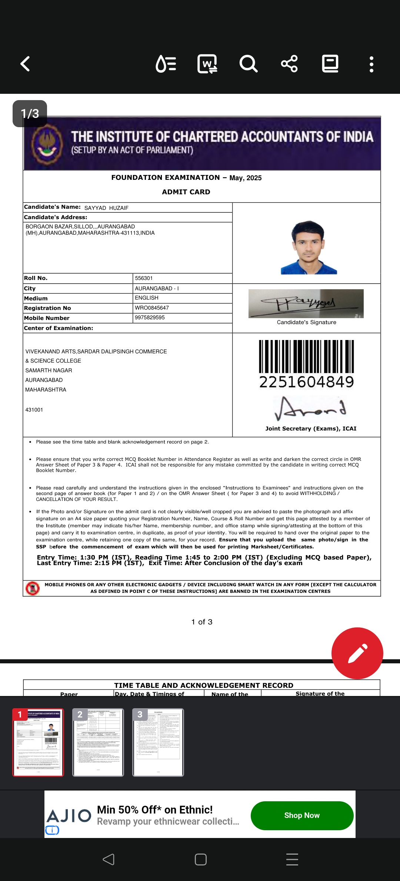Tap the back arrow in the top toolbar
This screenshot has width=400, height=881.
25,64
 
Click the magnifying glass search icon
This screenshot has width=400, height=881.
248,64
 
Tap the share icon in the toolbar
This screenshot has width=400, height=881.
289,64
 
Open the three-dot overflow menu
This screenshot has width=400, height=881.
371,64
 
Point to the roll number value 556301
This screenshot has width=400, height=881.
144,278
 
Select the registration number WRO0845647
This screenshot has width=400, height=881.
152,308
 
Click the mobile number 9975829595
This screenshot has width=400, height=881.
150,318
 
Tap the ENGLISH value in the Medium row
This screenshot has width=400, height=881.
147,298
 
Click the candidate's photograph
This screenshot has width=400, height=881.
309,247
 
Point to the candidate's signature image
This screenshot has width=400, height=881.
306,304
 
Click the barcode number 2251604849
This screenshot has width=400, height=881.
306,382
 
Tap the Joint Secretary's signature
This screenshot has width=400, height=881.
310,408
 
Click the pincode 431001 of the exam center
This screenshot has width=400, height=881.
34,410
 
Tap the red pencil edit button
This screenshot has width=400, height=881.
357,653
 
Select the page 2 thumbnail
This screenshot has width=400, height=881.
98,742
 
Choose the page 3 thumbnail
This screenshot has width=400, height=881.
158,742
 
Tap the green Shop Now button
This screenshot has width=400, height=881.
302,815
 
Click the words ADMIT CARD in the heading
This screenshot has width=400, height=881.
186,192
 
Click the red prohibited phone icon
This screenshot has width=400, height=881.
33,588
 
